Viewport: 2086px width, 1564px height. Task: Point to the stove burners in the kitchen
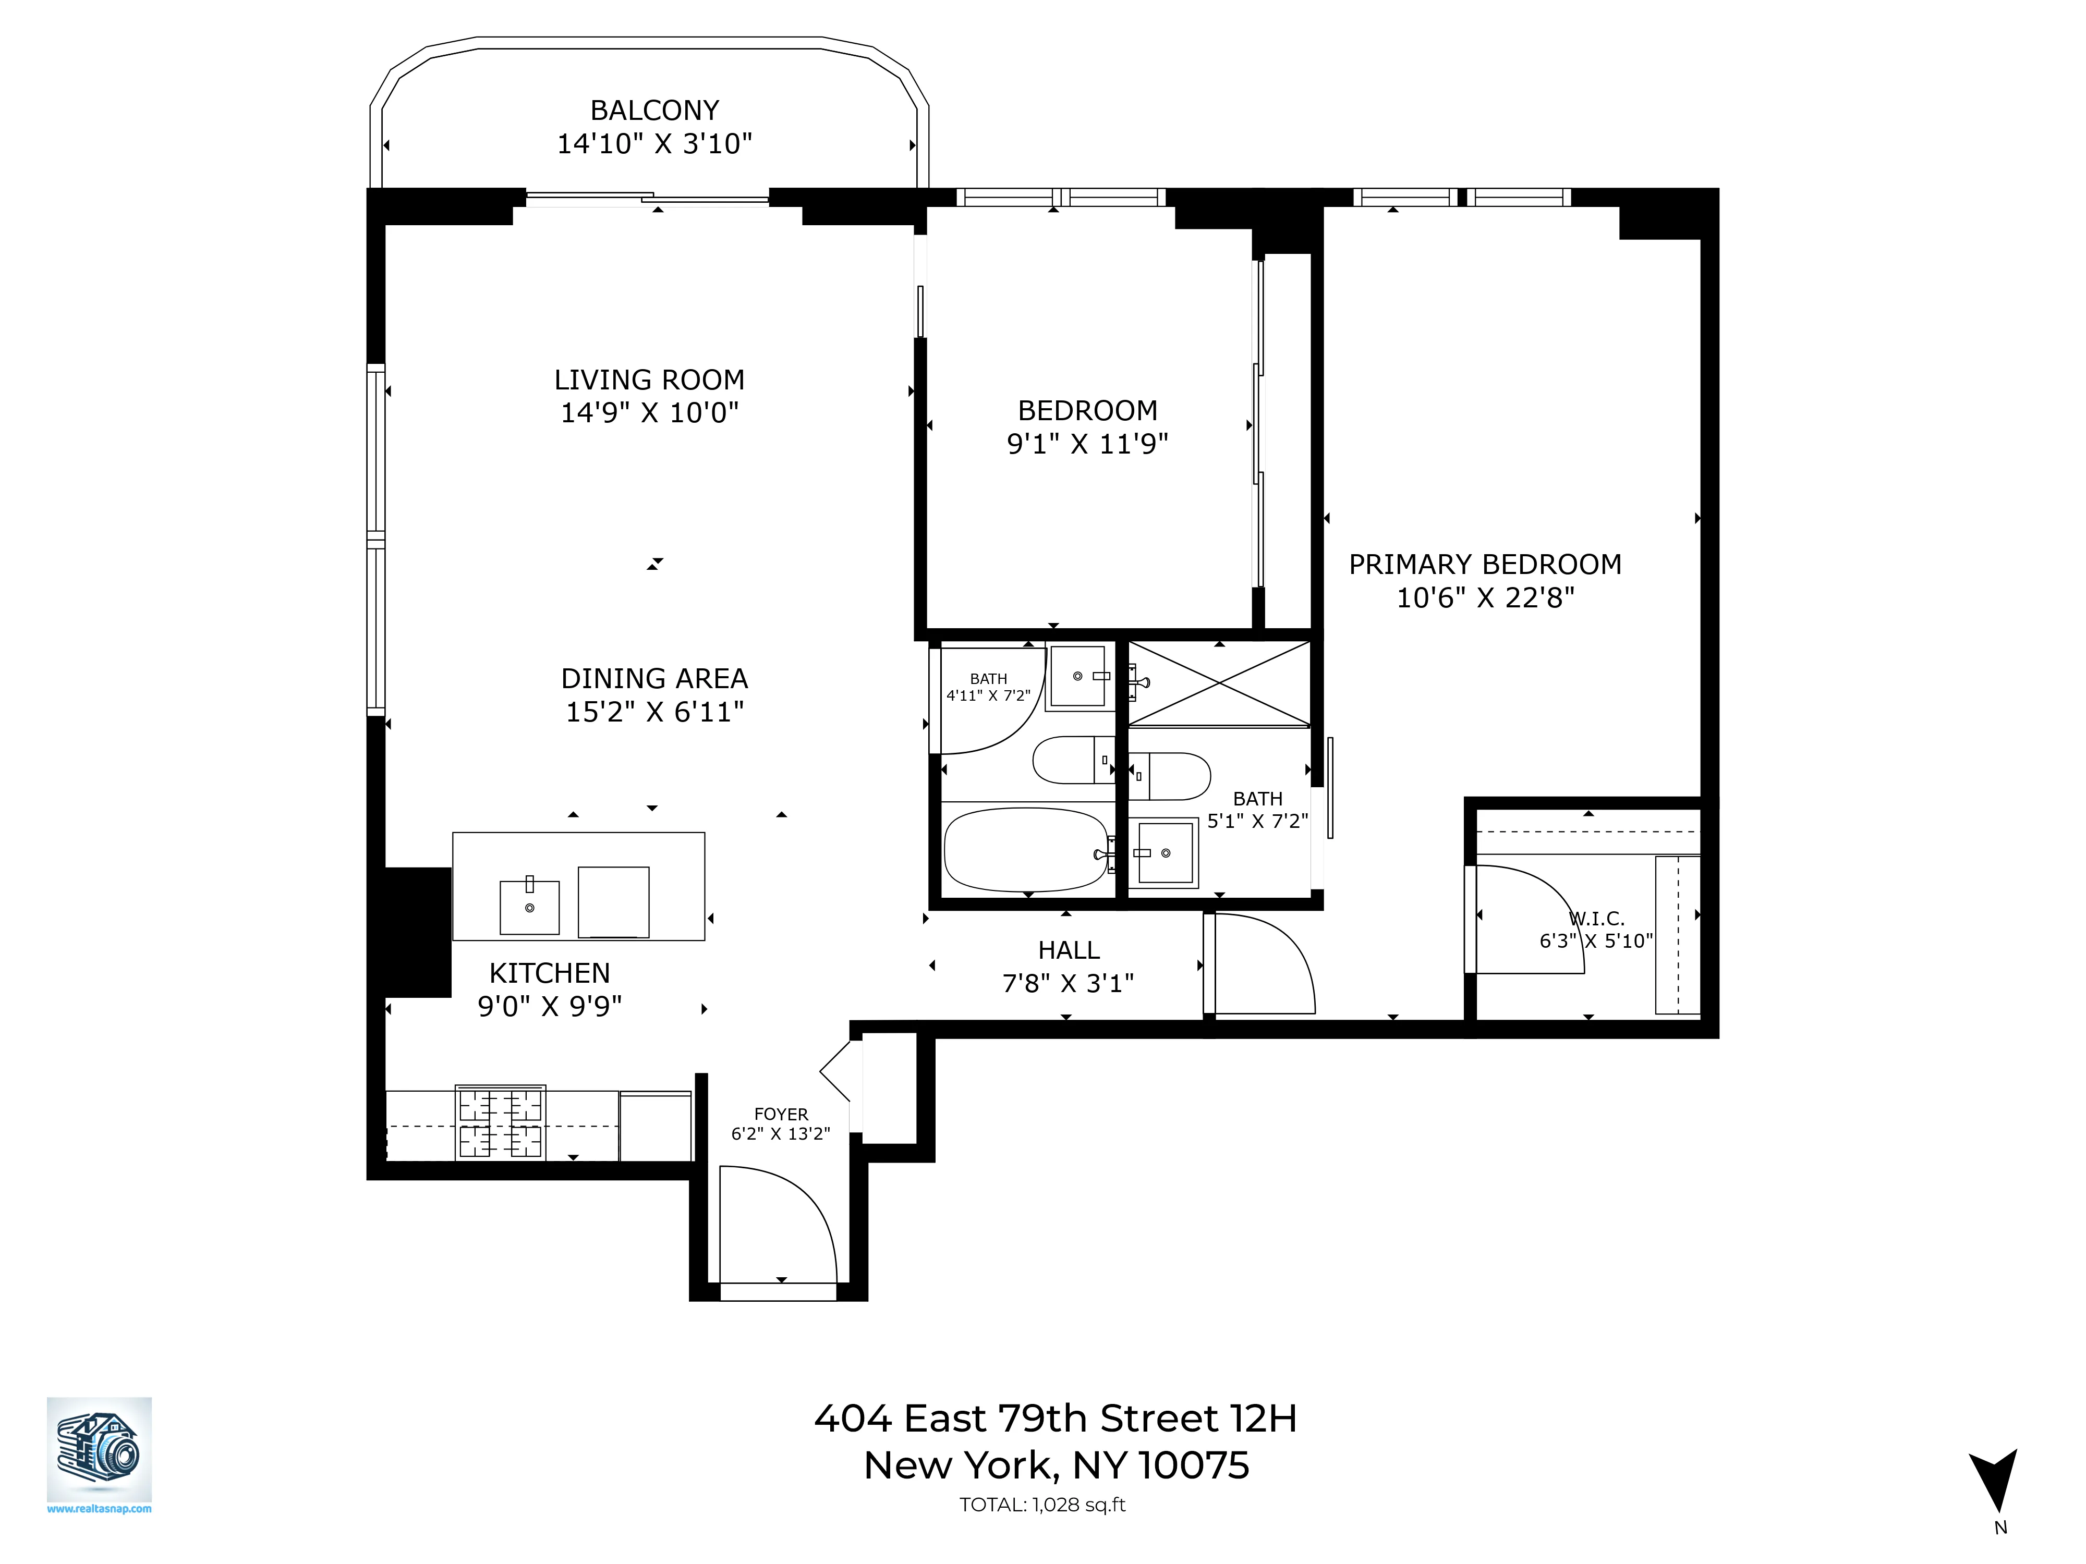[x=501, y=1123]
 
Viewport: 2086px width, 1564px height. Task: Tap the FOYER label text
[x=781, y=1114]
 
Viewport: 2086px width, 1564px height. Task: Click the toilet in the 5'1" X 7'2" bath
[x=1169, y=776]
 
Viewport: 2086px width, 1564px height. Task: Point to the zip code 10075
[x=1193, y=1465]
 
